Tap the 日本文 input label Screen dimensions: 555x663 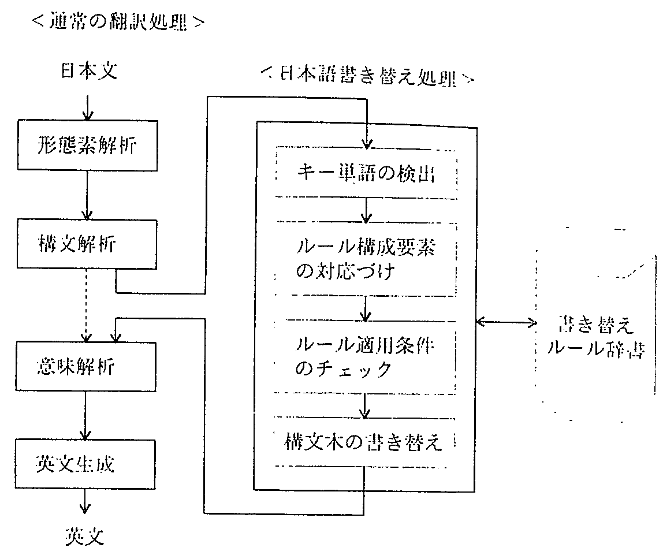89,72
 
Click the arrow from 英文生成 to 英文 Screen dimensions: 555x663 85,501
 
